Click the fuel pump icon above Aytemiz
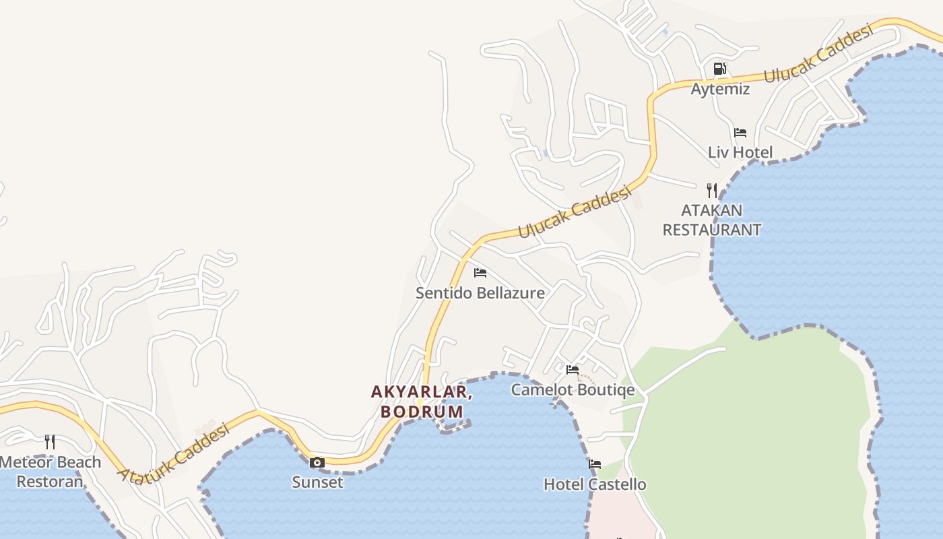[719, 69]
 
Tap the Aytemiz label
[720, 89]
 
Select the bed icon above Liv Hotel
[740, 133]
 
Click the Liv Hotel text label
[740, 152]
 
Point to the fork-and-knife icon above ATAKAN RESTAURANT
[712, 190]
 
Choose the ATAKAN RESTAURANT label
[712, 220]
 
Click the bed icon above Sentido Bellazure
[480, 273]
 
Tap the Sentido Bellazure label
[480, 293]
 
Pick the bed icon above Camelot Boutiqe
[573, 370]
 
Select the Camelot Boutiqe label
[573, 389]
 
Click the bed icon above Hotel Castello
[595, 464]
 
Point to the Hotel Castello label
[595, 484]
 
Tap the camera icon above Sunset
[317, 462]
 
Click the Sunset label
[317, 482]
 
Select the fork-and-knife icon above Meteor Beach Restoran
[50, 442]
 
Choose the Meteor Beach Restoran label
[51, 472]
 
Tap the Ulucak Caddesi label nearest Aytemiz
[818, 53]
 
